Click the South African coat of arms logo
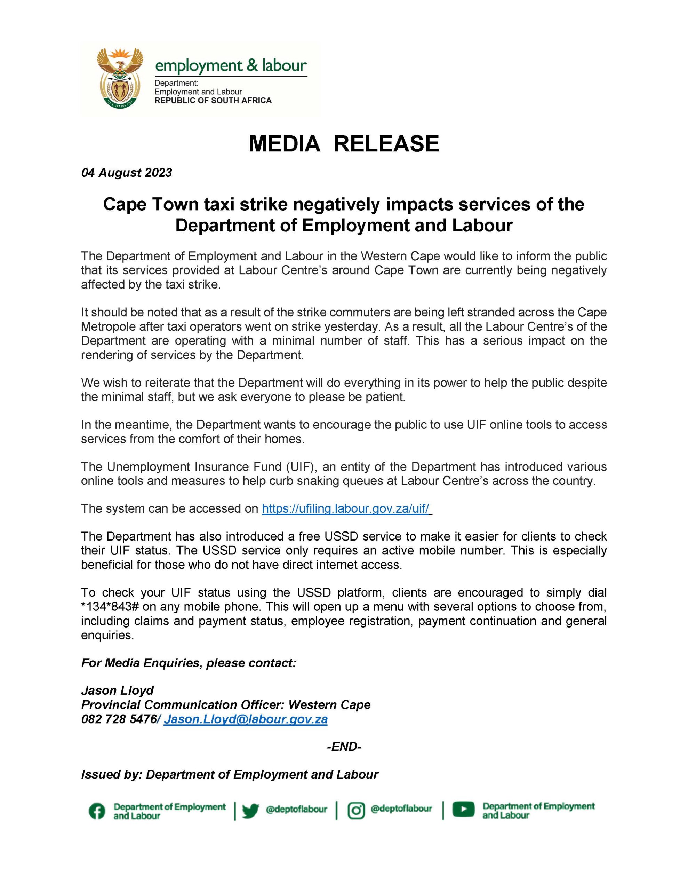tap(120, 77)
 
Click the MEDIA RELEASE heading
tap(343, 144)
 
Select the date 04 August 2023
tap(126, 173)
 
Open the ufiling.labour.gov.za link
tap(345, 508)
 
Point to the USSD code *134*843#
tap(110, 607)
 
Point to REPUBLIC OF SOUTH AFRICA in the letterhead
tap(213, 100)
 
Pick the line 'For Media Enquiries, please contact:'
tap(189, 663)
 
